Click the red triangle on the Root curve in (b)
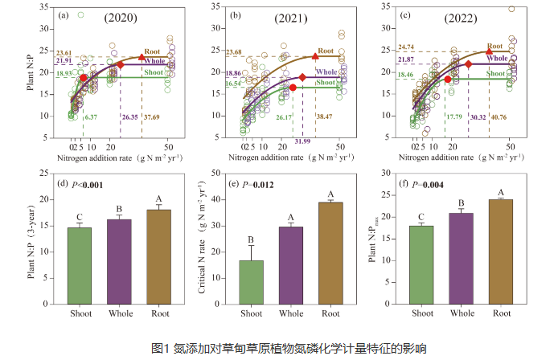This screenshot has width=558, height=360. pos(314,56)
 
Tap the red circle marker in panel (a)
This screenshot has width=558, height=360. pos(84,78)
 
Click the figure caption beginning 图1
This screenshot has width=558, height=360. pos(278,347)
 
